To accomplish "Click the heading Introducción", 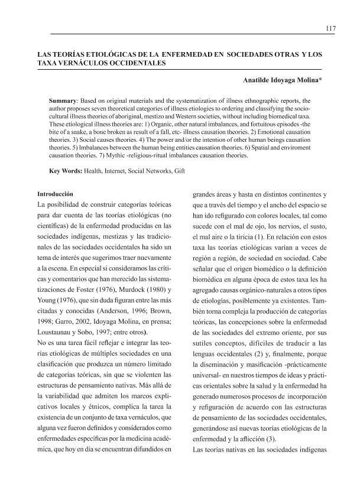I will (x=55, y=193).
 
